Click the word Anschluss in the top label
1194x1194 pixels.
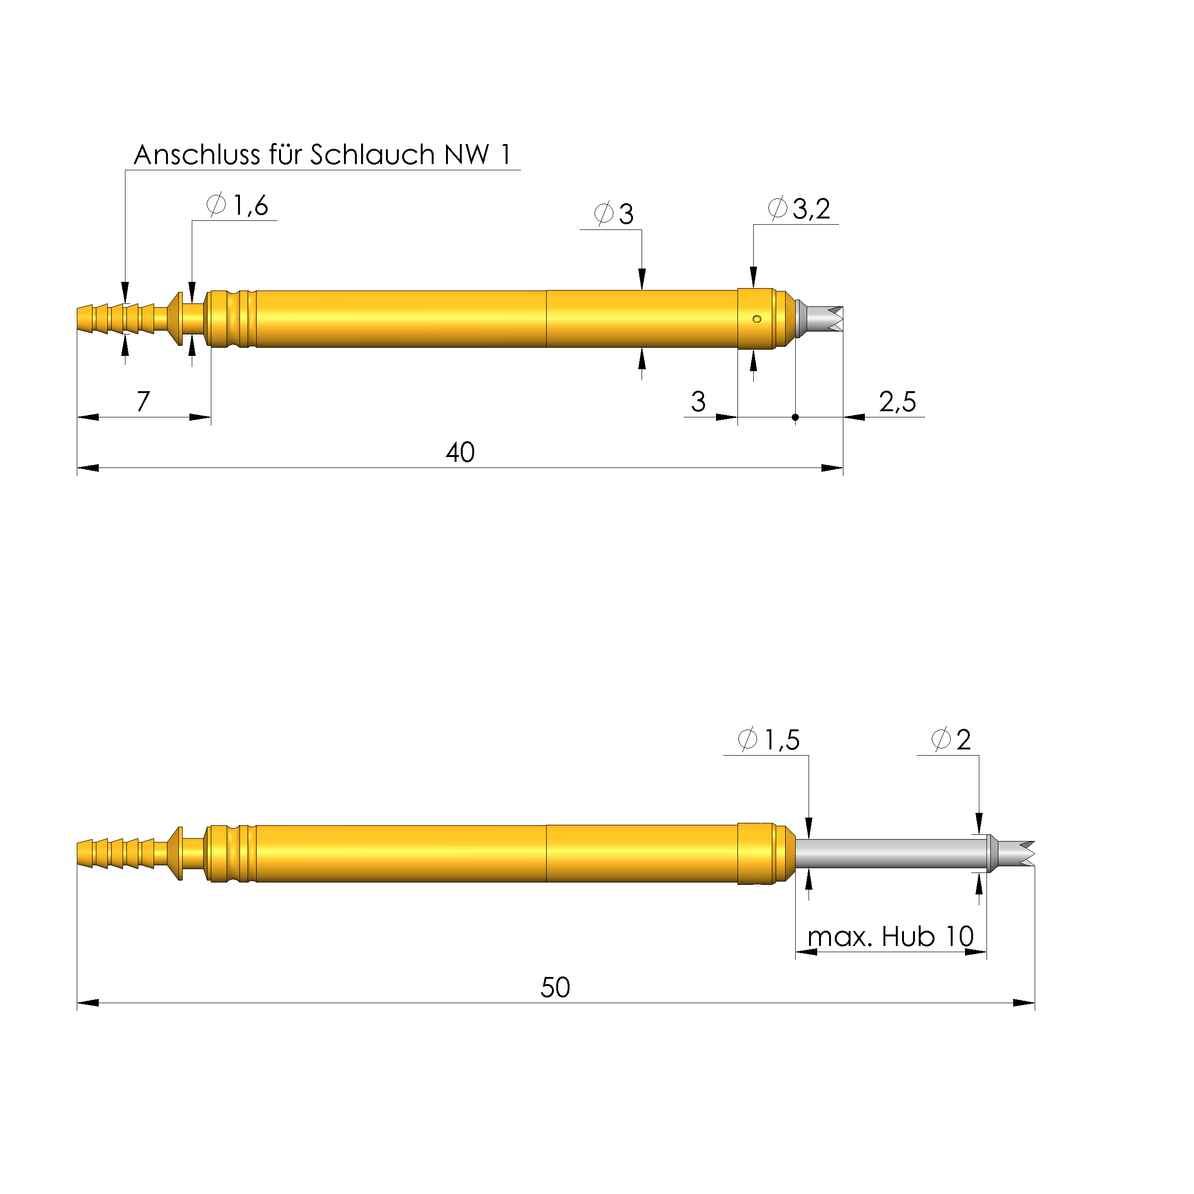pos(197,155)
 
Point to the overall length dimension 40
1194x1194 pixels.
pos(460,452)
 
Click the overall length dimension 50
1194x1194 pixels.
pos(554,987)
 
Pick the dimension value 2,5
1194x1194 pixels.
pos(897,402)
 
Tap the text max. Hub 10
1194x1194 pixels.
pos(890,937)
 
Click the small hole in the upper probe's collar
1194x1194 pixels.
pos(757,320)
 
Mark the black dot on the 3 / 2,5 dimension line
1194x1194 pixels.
pos(795,418)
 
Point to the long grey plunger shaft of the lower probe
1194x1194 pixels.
pos(890,853)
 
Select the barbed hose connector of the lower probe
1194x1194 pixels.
pos(117,853)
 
